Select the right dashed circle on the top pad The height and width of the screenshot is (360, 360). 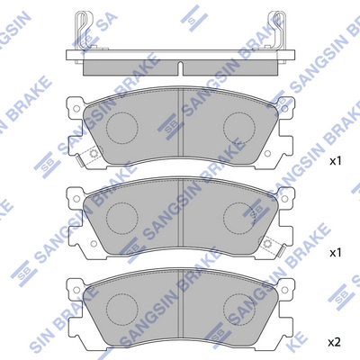tap(238, 126)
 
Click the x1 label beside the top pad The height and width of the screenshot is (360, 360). tap(335, 162)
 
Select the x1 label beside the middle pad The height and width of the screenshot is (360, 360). tap(335, 253)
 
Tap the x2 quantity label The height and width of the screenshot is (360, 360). tap(335, 342)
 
